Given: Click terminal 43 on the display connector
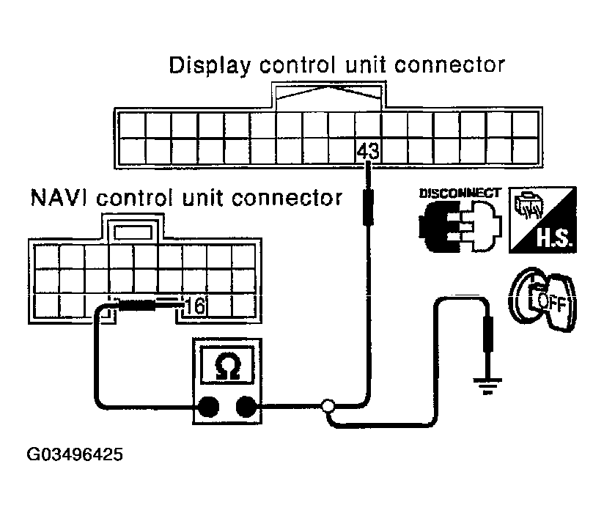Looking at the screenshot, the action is click(x=368, y=151).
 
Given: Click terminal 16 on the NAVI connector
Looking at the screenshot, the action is click(x=195, y=306).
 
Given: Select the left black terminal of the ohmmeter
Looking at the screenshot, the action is click(x=208, y=407).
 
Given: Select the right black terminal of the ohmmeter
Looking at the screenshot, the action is click(x=246, y=407).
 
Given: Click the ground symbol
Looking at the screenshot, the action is click(x=487, y=386).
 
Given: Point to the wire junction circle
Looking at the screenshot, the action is click(x=328, y=405).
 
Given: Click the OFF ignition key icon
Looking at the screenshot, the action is click(x=542, y=299).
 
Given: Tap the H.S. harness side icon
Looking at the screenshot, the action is click(x=542, y=220).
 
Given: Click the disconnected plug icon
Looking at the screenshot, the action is click(x=460, y=226).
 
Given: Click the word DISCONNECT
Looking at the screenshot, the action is click(x=460, y=193).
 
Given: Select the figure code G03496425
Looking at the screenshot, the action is click(x=75, y=454).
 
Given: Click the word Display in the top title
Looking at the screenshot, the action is click(x=210, y=65).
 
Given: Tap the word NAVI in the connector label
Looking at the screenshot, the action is click(x=59, y=198).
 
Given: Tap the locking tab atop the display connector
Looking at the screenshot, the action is click(x=328, y=96).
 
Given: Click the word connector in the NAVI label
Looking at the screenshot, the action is click(x=287, y=198).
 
